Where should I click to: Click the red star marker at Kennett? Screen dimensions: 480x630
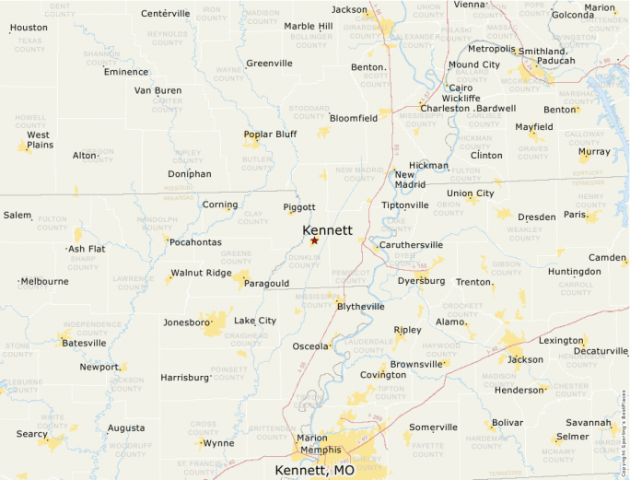coord(314,240)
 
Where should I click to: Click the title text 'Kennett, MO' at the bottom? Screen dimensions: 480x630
coord(314,470)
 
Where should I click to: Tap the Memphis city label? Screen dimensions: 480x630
coord(321,450)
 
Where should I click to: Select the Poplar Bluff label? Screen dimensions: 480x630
coord(271,134)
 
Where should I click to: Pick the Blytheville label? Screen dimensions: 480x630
coord(361,306)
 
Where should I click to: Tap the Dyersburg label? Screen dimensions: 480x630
coord(421,281)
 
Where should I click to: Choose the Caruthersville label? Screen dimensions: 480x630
coord(412,245)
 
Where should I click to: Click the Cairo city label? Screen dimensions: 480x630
coord(461,88)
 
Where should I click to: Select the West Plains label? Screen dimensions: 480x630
coord(40,139)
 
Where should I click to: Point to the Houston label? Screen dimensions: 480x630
coord(29,28)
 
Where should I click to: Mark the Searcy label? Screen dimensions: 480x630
coord(32,434)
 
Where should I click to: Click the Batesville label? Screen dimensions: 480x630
coord(84,343)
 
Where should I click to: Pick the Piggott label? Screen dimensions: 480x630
coord(299,207)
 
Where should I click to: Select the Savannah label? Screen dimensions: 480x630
coord(589,422)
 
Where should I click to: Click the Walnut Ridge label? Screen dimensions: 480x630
coord(201,273)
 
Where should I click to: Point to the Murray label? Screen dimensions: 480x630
coord(594,151)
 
